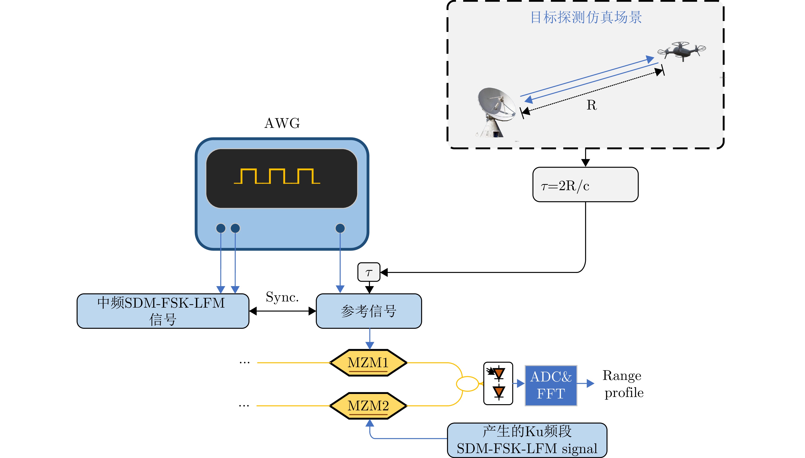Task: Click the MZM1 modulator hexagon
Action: point(368,363)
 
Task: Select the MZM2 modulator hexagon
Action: point(368,406)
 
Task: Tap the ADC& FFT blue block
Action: point(551,385)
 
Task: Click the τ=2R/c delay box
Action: point(585,185)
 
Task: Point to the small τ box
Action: point(369,272)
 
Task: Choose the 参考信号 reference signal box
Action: point(369,311)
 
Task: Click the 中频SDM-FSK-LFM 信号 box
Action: point(163,311)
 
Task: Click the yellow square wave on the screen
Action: point(277,176)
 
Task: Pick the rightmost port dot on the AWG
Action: point(340,228)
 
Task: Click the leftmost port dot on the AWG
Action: point(221,228)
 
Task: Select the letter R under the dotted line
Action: point(592,105)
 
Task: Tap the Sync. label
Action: point(282,297)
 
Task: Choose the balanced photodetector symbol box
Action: point(498,384)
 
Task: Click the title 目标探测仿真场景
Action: point(586,17)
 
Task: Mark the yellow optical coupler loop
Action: point(467,384)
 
